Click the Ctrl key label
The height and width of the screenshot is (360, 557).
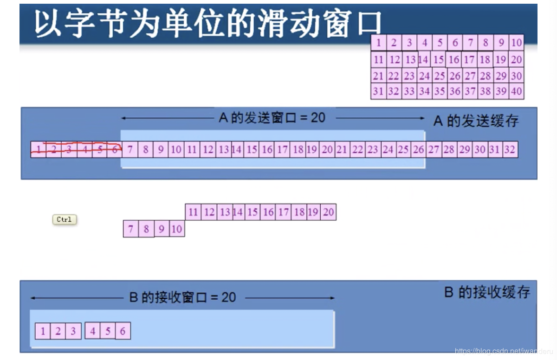[x=64, y=219]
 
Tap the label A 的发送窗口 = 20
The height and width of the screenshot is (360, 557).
[x=272, y=118]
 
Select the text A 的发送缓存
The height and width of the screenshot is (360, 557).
[x=476, y=121]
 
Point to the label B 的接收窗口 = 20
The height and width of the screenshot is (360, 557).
[x=182, y=297]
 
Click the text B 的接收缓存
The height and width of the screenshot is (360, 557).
[x=487, y=292]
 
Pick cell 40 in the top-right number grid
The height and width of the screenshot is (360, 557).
[x=516, y=91]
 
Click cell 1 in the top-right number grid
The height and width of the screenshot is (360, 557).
[x=379, y=43]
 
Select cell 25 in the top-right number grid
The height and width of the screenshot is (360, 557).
[x=440, y=76]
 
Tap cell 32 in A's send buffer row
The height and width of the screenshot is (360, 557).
[x=510, y=149]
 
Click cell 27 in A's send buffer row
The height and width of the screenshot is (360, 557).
[x=434, y=149]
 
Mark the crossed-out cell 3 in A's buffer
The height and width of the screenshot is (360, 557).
[x=69, y=149]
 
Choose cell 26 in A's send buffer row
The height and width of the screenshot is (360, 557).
[x=418, y=149]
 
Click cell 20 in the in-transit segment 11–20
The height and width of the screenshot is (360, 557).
[x=328, y=212]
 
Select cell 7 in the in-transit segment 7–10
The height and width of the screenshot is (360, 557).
[x=131, y=229]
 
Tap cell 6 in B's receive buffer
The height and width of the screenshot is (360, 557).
[x=123, y=331]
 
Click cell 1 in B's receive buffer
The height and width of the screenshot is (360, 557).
[x=43, y=331]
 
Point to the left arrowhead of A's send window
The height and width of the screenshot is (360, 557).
[x=123, y=118]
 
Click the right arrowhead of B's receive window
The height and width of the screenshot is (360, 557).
[x=332, y=298]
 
